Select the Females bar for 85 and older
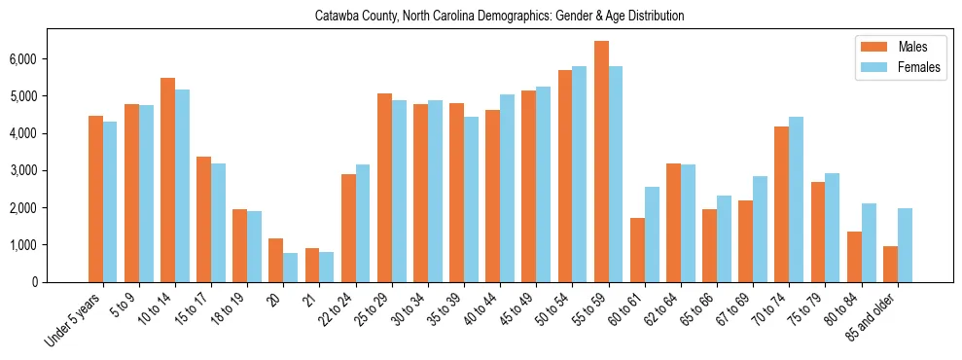coord(905,245)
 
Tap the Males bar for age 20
coord(275,260)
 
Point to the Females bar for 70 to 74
coord(797,199)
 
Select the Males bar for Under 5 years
coord(95,198)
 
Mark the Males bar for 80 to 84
coord(854,257)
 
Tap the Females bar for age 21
coord(327,267)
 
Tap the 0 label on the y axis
coord(35,282)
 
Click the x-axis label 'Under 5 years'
coord(74,318)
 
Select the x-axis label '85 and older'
coord(869,316)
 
